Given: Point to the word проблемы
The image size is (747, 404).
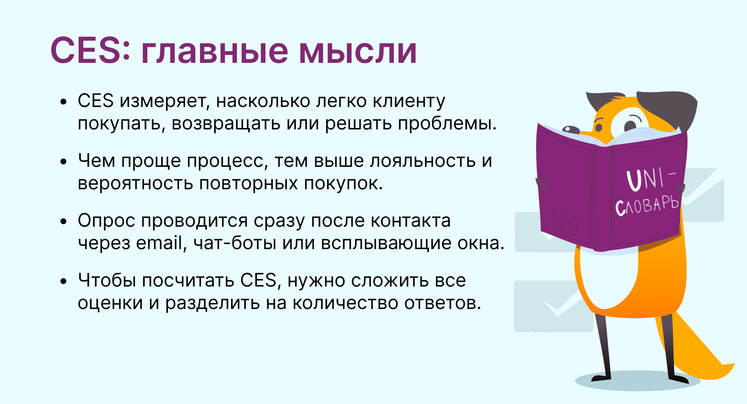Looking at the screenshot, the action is pyautogui.click(x=447, y=124).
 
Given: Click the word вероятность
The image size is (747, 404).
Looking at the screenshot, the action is pyautogui.click(x=135, y=184).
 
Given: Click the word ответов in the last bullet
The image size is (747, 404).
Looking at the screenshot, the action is pyautogui.click(x=443, y=303).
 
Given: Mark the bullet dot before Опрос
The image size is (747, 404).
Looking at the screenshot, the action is pyautogui.click(x=64, y=221).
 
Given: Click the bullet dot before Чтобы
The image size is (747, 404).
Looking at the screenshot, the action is pyautogui.click(x=64, y=281).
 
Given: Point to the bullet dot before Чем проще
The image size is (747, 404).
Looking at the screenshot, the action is pyautogui.click(x=64, y=162).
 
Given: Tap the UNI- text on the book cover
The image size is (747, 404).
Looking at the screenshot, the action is pyautogui.click(x=651, y=179).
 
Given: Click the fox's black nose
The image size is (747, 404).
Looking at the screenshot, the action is pyautogui.click(x=571, y=129).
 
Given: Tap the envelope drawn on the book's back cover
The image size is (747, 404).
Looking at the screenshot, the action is pyautogui.click(x=564, y=223).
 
